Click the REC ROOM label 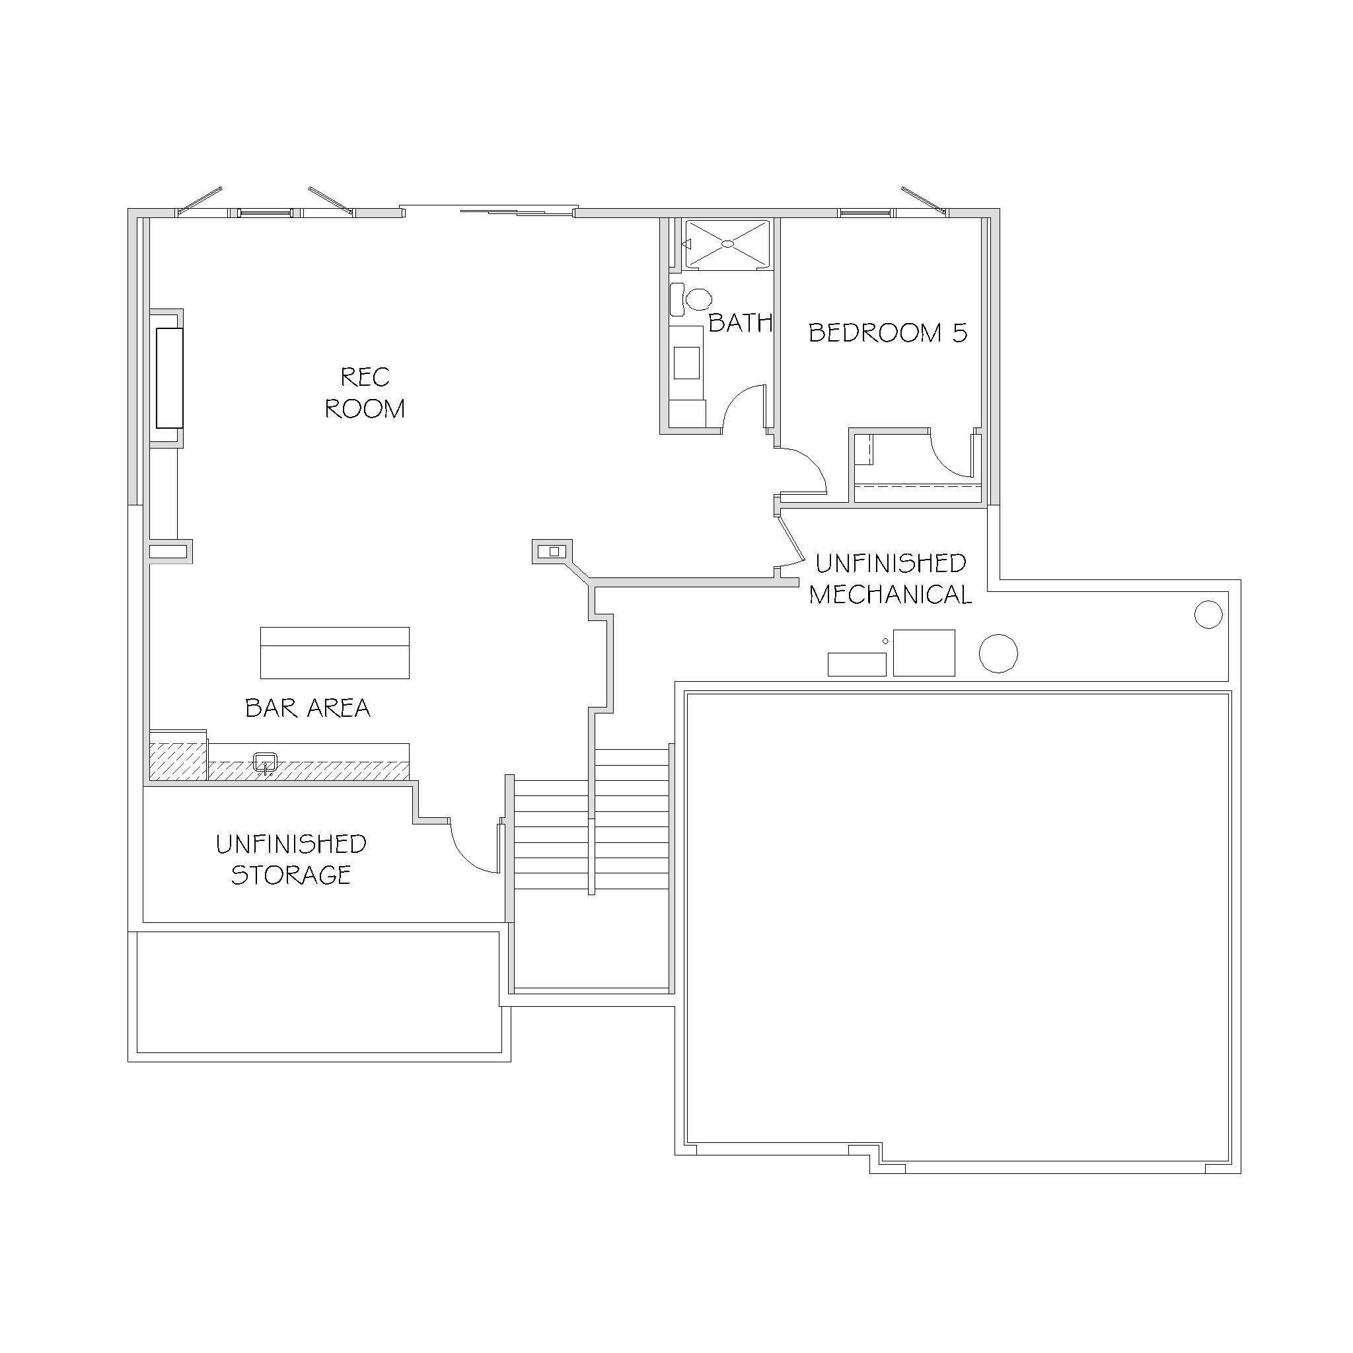click(365, 392)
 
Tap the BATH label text click(740, 323)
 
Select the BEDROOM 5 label click(888, 333)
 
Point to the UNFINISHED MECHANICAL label click(890, 579)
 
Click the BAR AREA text click(307, 708)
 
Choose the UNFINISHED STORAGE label click(291, 859)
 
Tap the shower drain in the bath click(727, 244)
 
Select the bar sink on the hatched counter click(265, 762)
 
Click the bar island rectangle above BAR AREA click(335, 653)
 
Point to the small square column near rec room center click(554, 552)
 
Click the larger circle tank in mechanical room click(998, 654)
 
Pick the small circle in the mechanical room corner click(1208, 615)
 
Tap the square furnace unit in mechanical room click(924, 653)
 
